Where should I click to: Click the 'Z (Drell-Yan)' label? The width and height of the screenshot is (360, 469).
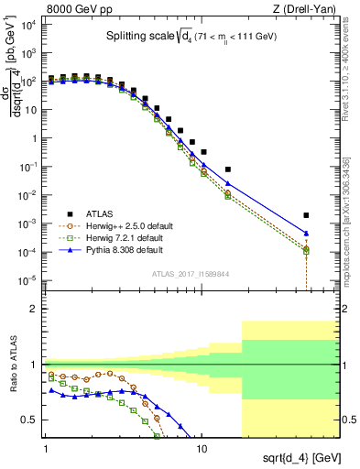(304, 7)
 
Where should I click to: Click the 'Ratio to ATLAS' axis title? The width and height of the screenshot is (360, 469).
(12, 365)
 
